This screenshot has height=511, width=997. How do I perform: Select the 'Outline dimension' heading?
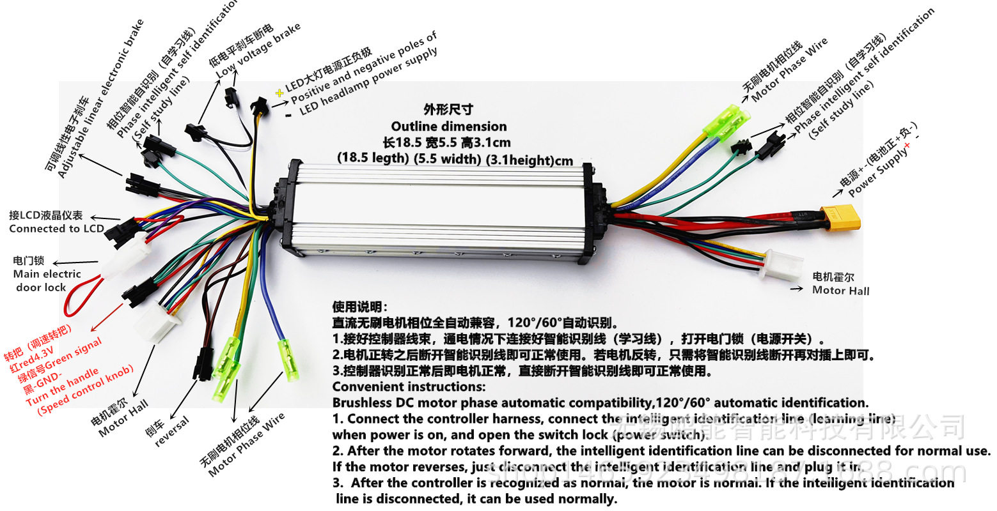pos(449,126)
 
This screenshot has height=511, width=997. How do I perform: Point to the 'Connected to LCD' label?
pos(56,228)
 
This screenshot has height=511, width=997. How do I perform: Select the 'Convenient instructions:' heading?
pos(409,386)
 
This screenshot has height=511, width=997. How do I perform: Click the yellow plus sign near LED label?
pos(279,93)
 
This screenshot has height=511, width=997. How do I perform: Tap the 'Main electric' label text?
pos(47,274)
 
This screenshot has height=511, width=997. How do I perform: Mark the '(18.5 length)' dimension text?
pos(372,157)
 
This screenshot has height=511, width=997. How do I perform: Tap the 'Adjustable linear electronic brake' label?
pos(101,99)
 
